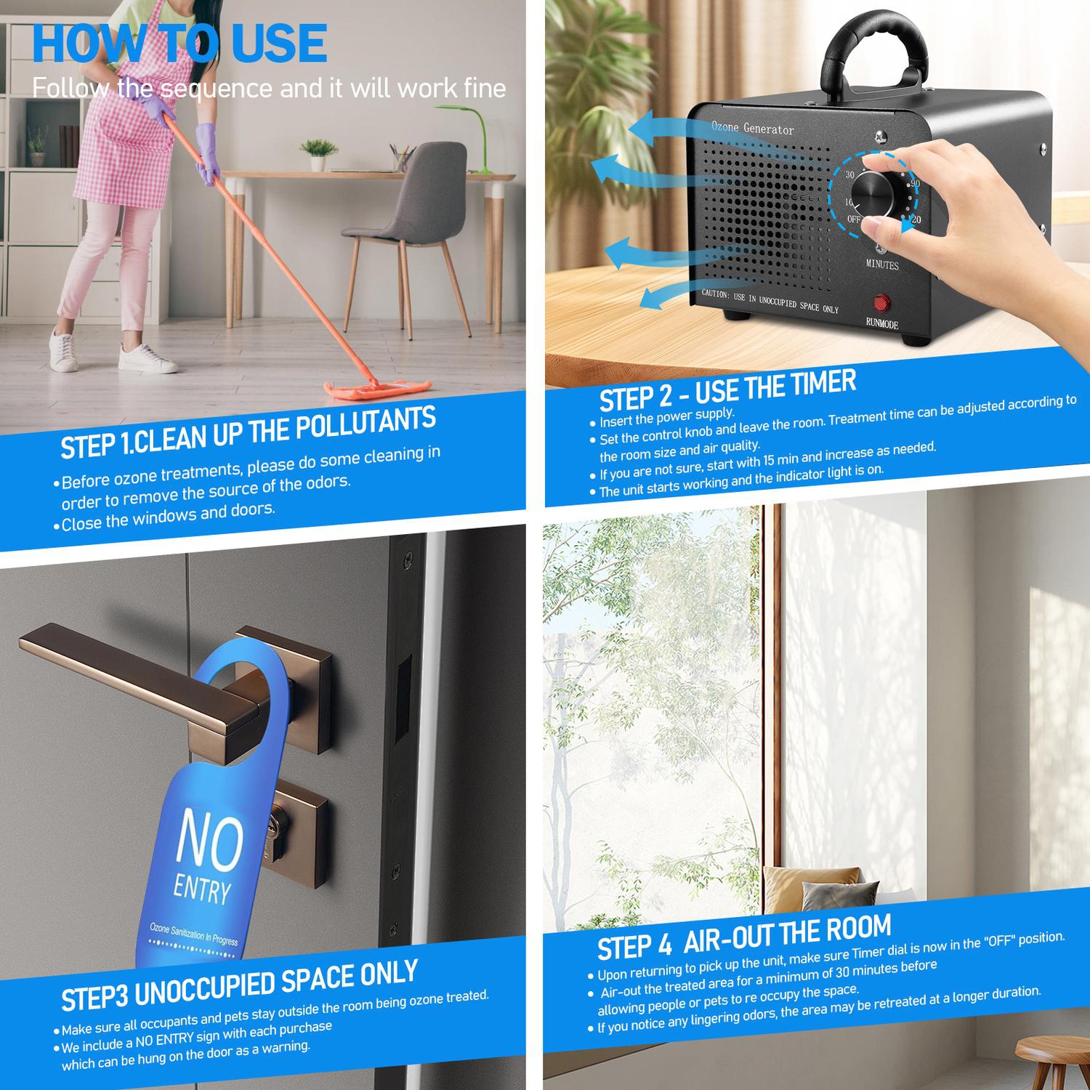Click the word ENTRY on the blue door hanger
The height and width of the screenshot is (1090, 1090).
(202, 891)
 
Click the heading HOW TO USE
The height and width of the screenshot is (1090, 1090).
(179, 43)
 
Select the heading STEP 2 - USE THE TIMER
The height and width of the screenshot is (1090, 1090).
(727, 391)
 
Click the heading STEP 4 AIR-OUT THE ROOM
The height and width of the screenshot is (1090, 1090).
(744, 938)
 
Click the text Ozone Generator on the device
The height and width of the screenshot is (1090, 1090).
(752, 129)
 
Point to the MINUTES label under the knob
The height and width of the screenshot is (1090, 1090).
(882, 265)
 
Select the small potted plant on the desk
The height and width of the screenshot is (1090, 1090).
(319, 156)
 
